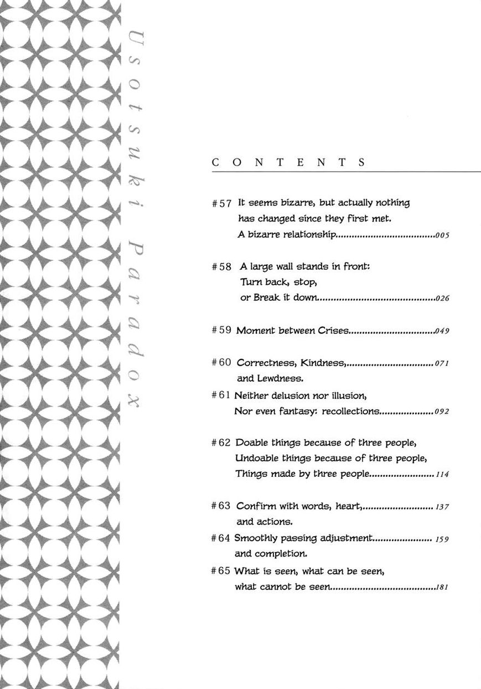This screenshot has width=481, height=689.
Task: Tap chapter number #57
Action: [221, 203]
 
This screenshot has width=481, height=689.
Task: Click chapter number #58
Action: [221, 266]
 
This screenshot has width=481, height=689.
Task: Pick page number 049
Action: [442, 331]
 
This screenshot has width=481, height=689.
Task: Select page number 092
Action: [442, 412]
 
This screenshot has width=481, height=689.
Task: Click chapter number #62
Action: [221, 443]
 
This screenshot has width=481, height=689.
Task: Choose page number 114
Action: [442, 475]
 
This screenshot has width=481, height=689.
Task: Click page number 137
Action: [442, 507]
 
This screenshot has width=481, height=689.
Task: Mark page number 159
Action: [442, 539]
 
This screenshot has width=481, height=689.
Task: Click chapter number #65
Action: [221, 570]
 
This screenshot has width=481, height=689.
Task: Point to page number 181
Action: [442, 587]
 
